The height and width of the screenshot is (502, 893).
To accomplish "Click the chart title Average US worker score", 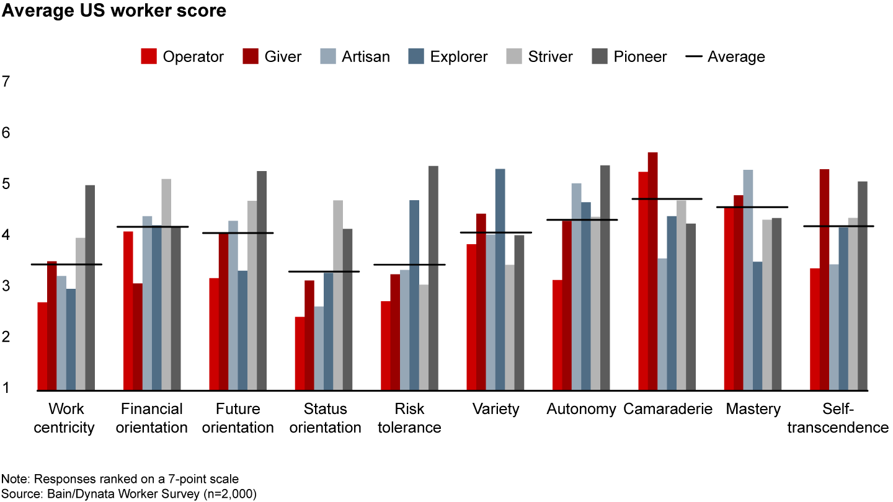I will coord(113,11).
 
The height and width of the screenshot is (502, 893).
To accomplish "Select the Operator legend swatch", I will coord(148,56).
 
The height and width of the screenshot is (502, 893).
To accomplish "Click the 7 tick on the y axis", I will coord(7,81).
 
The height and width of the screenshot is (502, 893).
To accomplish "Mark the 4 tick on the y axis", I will coord(7,235).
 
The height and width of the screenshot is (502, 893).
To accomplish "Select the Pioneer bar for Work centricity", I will coord(90,288).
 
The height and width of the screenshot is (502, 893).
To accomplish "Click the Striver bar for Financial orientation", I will coord(166,284).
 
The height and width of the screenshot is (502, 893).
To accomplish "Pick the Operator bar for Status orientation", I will coord(300,353).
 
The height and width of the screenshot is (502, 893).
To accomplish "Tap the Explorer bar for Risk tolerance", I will coord(414,295).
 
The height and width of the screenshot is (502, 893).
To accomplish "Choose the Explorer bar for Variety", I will coord(500,280).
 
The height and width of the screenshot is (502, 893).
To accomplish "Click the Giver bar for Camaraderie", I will coord(652,271).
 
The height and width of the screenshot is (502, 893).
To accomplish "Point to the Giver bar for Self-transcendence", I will coord(824,280).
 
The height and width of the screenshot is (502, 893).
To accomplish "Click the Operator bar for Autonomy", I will coord(558,335).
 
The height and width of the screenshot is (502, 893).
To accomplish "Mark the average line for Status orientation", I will coord(324,271).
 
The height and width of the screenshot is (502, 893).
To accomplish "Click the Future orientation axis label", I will coord(238,418).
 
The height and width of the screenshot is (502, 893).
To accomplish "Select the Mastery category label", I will coord(753,409).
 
